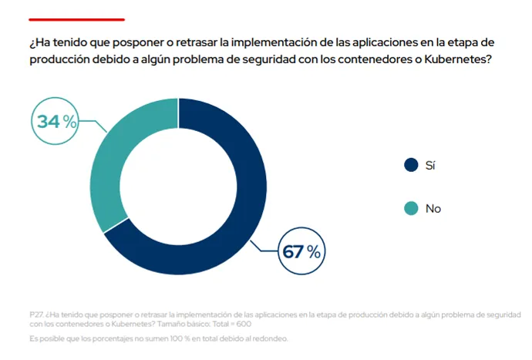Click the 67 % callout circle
coord(301,251)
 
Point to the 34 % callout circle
coord(57,121)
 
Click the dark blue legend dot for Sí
coord(411,164)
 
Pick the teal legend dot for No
coord(411,208)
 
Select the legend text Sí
coord(431,164)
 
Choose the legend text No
coord(433,208)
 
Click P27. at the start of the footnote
coord(36,315)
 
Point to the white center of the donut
coord(178,187)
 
